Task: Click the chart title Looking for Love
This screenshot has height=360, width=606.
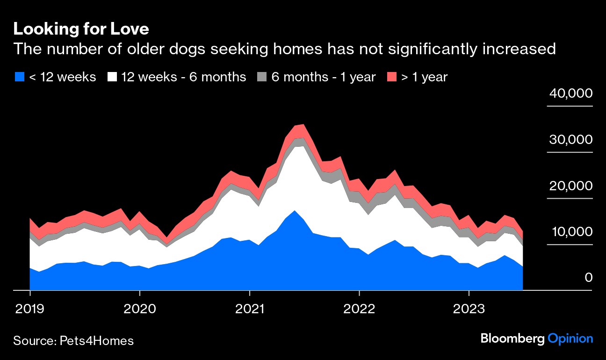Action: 81,29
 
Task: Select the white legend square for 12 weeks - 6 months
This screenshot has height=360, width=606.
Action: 112,77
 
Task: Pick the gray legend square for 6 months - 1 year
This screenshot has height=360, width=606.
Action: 262,77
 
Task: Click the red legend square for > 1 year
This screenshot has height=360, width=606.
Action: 392,77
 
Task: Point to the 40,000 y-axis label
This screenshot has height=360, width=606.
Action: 570,94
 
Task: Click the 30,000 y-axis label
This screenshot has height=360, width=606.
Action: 570,140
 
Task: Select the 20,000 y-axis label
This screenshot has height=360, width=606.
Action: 570,186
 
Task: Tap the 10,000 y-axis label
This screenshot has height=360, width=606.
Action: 570,232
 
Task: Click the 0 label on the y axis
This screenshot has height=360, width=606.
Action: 588,278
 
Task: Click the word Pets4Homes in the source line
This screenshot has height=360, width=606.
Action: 97,341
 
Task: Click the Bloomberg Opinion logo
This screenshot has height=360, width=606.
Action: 537,339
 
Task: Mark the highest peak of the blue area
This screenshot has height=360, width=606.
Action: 294,210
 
